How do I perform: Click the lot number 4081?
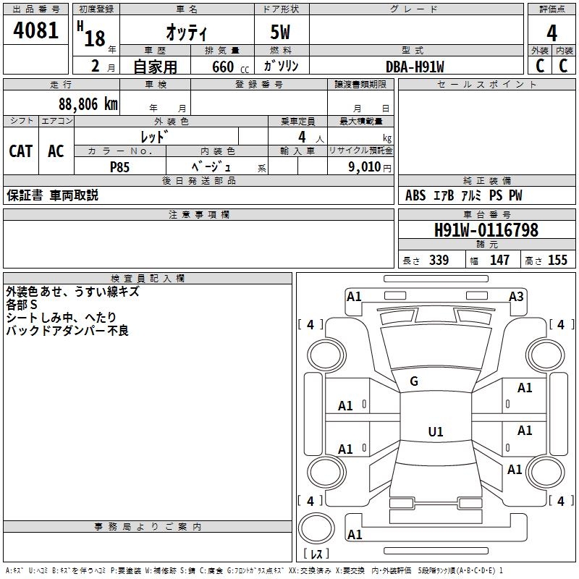35,30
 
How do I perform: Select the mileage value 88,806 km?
88,104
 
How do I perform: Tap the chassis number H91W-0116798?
486,229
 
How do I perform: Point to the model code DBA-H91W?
415,67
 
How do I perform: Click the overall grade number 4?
551,33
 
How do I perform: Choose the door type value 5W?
280,32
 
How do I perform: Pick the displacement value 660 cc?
230,67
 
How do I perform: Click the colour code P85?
119,167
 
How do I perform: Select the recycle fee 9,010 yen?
369,166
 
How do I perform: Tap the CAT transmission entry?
21,151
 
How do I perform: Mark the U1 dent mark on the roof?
436,431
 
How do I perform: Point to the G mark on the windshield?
414,381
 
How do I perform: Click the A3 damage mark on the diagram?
516,297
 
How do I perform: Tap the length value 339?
439,260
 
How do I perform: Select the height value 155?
557,260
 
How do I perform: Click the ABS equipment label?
415,195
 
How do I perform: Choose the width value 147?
499,260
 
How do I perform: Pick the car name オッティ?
187,32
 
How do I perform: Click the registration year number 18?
95,38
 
